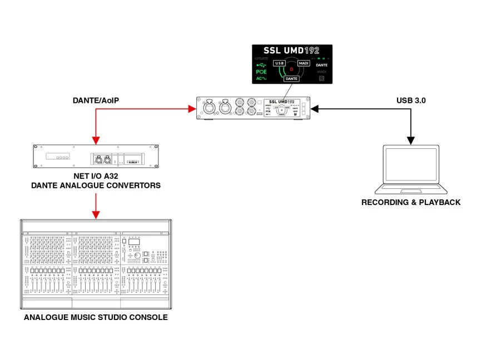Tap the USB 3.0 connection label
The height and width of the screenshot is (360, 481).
click(x=412, y=101)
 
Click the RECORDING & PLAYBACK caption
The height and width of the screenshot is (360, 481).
click(x=411, y=202)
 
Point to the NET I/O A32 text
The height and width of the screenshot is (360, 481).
click(x=96, y=176)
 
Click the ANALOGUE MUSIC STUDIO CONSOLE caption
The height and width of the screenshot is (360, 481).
click(x=96, y=318)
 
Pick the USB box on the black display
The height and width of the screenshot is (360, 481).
click(x=280, y=63)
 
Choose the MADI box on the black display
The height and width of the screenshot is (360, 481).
click(x=304, y=63)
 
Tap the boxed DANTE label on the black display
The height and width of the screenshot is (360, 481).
click(x=291, y=79)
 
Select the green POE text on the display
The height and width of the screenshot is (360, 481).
click(x=261, y=72)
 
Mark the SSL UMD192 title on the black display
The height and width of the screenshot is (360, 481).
click(x=292, y=51)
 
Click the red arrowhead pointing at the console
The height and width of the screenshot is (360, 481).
click(x=96, y=214)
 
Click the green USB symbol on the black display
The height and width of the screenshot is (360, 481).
click(x=261, y=64)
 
